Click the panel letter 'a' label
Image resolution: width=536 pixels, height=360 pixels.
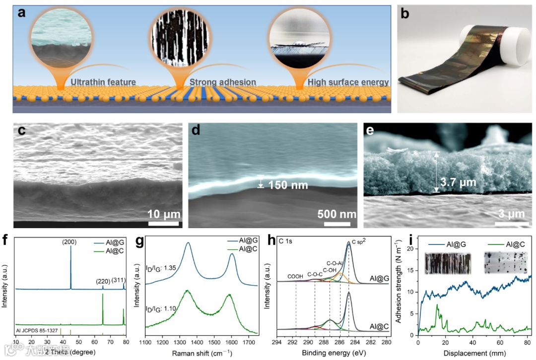click(22, 12)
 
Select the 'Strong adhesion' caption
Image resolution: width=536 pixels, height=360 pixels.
click(223, 82)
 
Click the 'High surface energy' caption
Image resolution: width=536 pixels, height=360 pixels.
click(347, 82)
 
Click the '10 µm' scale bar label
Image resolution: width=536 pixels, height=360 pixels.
click(163, 214)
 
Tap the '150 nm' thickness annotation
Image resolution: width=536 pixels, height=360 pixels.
click(288, 185)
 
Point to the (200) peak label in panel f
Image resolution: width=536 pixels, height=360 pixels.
click(69, 242)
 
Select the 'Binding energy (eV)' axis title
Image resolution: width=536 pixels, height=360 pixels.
click(333, 353)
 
